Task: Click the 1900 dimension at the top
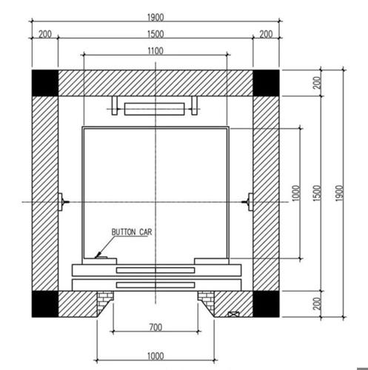(x=155, y=18)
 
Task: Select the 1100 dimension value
(x=155, y=51)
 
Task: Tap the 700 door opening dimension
(x=155, y=327)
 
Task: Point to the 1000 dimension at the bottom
(x=155, y=356)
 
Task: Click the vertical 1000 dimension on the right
(x=296, y=193)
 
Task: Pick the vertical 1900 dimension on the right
(x=340, y=193)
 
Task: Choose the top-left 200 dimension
(x=45, y=34)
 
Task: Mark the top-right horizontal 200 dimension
(x=266, y=34)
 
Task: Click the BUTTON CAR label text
(x=132, y=232)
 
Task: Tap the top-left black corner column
(x=45, y=83)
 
